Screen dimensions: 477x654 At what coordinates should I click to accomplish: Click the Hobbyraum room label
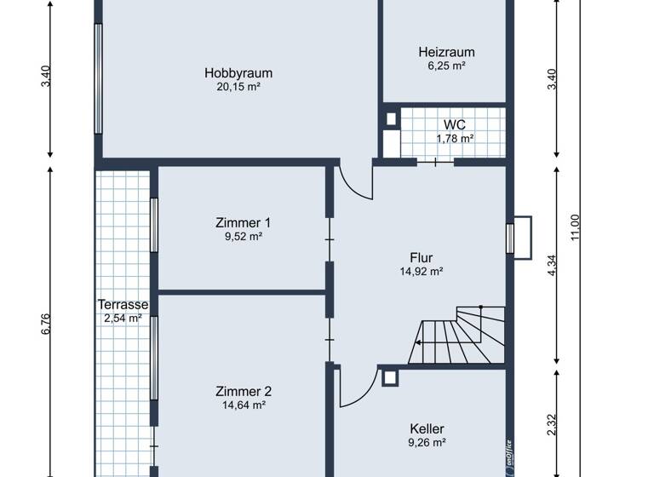tap(238, 73)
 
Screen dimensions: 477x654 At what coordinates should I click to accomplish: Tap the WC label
tap(455, 124)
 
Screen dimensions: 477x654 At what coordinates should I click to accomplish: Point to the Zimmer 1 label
tap(243, 222)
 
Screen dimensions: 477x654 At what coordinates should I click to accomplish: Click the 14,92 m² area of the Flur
tap(421, 272)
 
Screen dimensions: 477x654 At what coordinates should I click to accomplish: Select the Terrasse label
tap(123, 304)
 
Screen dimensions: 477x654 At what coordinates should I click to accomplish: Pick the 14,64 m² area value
tap(243, 405)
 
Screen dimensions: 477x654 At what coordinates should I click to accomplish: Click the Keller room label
tap(427, 428)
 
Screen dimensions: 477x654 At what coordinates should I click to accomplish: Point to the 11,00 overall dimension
tap(576, 227)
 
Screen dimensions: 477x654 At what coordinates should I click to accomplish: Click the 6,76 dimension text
tap(47, 325)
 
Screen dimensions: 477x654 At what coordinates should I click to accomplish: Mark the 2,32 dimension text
tap(552, 424)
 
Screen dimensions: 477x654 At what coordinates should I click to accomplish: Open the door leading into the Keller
tap(356, 386)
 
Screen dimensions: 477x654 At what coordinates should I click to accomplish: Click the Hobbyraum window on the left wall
tap(99, 78)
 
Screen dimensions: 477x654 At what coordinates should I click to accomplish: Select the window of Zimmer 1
tap(154, 225)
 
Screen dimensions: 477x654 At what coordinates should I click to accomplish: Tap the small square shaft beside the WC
tap(391, 119)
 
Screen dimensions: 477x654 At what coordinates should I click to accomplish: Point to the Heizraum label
tap(446, 52)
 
